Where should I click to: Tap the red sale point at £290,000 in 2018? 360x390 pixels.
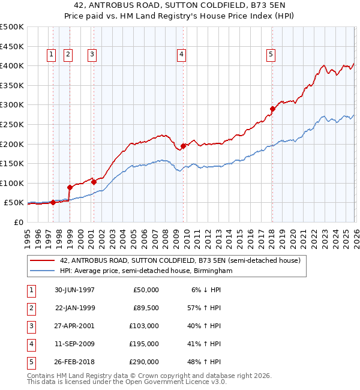pos(272,109)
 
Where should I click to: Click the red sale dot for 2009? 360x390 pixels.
pos(183,146)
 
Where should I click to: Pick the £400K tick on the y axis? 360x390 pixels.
pos(12,66)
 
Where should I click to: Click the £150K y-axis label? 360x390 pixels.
pos(12,163)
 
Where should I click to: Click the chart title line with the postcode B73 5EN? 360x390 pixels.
pos(179,6)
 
